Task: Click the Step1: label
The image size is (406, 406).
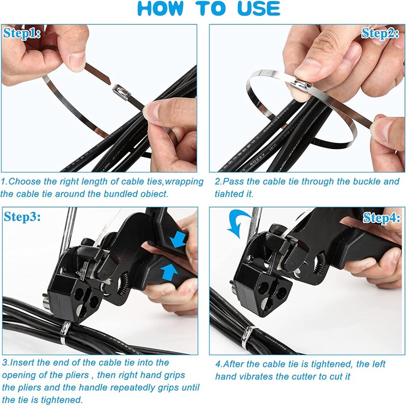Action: (x=22, y=33)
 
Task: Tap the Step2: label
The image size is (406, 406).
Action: (x=380, y=33)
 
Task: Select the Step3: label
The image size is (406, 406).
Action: (x=22, y=217)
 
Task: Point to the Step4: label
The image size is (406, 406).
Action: (x=382, y=218)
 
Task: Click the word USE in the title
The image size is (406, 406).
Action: (x=259, y=8)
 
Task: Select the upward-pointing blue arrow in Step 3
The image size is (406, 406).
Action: (x=170, y=273)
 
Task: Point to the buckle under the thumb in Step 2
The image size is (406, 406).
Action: (x=301, y=85)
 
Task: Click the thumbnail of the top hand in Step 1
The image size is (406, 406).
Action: (x=77, y=62)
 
